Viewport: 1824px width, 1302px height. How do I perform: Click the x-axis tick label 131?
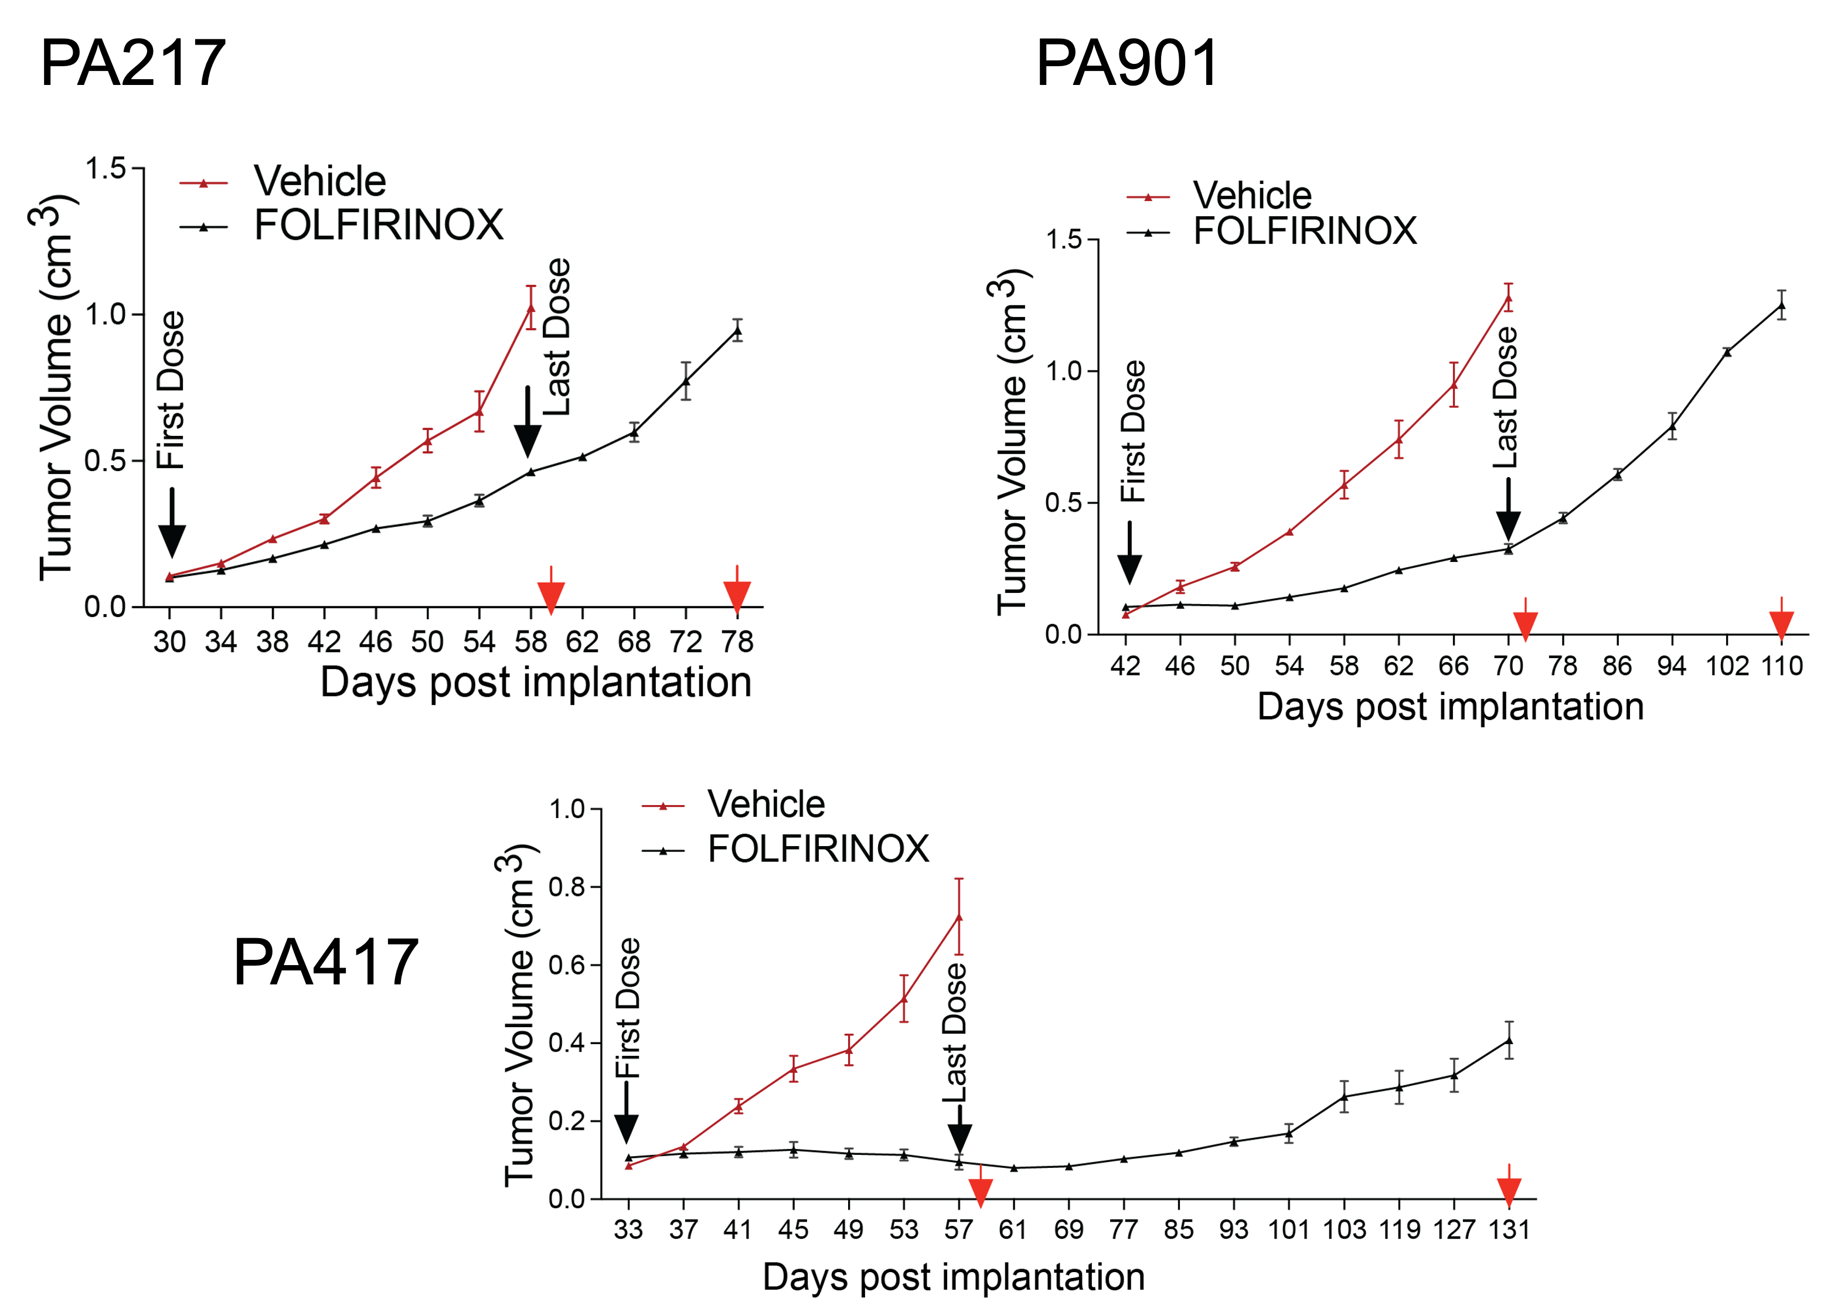point(1509,1229)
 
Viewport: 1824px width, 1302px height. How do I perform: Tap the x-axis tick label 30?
point(169,642)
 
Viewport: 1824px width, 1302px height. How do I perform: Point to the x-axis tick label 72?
point(686,642)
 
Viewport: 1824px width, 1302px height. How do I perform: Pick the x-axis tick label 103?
point(1344,1229)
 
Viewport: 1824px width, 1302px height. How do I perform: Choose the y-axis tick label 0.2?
point(567,1122)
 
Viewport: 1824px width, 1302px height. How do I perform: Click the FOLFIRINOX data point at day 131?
point(1509,1041)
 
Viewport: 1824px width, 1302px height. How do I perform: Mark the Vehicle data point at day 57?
point(959,916)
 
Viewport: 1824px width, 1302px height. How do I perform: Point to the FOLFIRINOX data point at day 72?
point(686,380)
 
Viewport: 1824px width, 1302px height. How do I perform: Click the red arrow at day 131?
point(1509,1188)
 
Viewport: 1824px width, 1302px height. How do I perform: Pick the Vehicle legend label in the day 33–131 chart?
point(765,804)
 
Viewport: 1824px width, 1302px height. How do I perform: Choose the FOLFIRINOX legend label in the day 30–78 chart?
point(379,225)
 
